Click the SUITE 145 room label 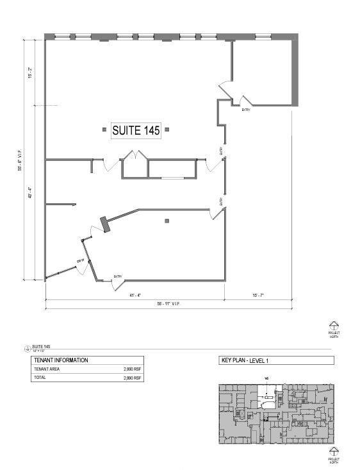[136, 130]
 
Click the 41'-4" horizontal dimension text [135, 295]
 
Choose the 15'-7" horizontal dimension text [258, 295]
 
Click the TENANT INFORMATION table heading [61, 360]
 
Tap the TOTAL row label [40, 378]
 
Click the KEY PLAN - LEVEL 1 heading [245, 360]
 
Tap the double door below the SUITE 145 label [136, 156]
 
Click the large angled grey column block [105, 224]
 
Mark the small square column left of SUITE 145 [104, 130]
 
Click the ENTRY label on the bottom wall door [118, 276]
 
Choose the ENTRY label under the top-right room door [246, 110]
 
